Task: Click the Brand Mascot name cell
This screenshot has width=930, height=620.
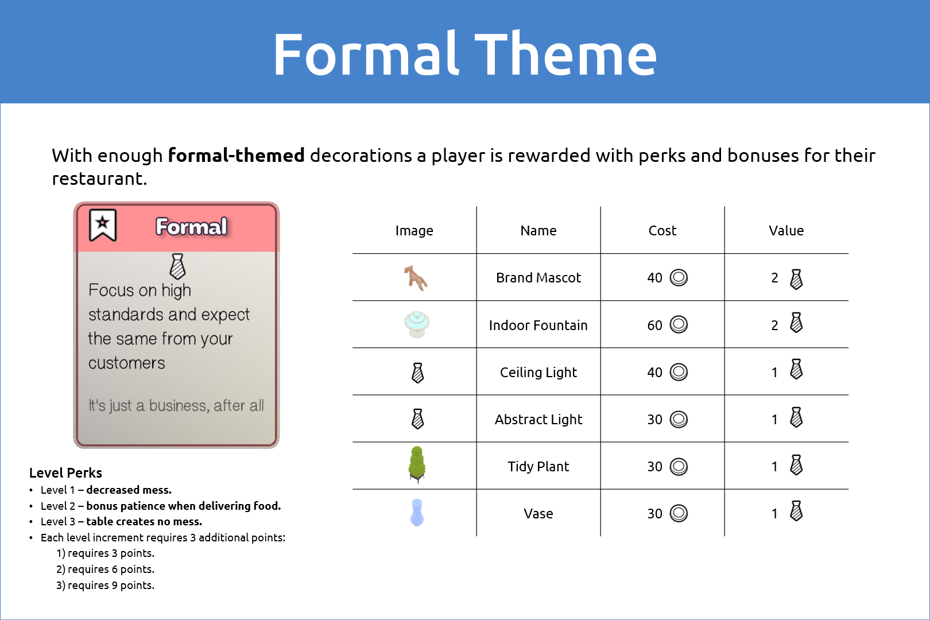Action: click(538, 277)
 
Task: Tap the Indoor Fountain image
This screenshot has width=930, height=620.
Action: click(417, 324)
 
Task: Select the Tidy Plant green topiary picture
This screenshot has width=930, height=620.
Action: click(417, 464)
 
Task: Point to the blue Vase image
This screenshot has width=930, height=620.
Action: click(417, 513)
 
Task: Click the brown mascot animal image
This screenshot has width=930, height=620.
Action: click(416, 278)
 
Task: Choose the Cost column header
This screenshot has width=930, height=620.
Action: click(662, 230)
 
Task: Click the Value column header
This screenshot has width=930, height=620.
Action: click(786, 230)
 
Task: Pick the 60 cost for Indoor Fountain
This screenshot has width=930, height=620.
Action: click(655, 325)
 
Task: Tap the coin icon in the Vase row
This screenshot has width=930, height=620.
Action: click(679, 513)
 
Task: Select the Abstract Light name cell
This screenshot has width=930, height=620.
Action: click(538, 420)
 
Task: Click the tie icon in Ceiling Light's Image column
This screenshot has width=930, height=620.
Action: click(418, 373)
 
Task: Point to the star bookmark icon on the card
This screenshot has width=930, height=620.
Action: click(103, 224)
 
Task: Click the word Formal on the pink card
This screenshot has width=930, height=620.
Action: click(191, 227)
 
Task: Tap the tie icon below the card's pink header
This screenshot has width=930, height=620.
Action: click(178, 266)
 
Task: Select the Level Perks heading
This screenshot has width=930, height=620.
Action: click(65, 472)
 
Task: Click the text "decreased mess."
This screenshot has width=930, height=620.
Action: click(129, 490)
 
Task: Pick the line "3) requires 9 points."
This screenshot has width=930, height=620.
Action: click(106, 585)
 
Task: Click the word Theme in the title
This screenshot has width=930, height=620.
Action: click(565, 55)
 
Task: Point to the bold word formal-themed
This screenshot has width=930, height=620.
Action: click(237, 156)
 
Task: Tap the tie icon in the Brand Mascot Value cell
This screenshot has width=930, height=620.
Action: click(796, 279)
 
